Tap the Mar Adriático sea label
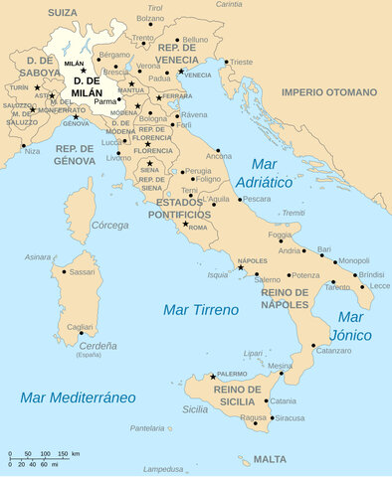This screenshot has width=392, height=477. click(x=265, y=173)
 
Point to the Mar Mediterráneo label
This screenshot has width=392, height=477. click(x=78, y=397)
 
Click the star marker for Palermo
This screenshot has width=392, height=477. click(x=212, y=377)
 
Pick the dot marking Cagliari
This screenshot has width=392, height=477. click(x=81, y=334)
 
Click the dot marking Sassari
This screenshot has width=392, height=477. click(x=65, y=271)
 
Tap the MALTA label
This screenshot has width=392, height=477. click(x=269, y=460)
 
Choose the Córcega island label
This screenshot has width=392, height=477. click(x=110, y=225)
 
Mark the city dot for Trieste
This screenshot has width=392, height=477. click(x=227, y=63)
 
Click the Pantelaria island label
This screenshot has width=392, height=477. click(x=147, y=428)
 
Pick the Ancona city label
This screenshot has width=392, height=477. click(x=219, y=156)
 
